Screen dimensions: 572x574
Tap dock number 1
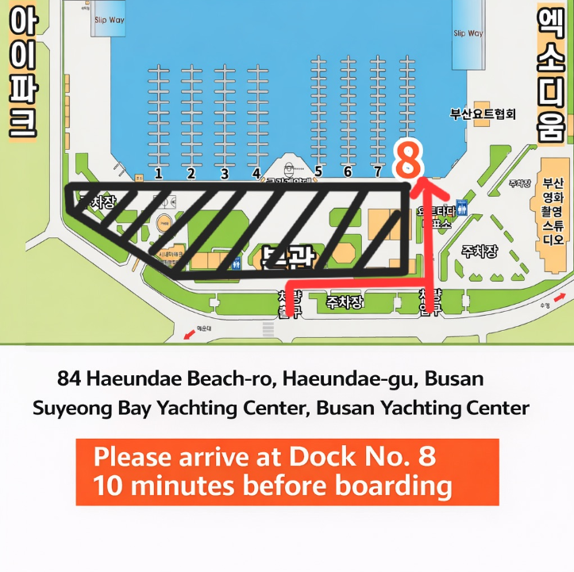click(159, 172)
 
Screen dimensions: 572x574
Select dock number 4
click(256, 172)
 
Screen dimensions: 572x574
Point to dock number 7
click(377, 171)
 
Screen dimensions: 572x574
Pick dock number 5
click(318, 171)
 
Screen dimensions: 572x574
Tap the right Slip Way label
click(468, 33)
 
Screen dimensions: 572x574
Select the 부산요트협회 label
click(483, 113)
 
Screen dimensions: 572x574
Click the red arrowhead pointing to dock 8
click(428, 187)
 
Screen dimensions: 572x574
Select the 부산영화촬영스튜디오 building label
click(555, 206)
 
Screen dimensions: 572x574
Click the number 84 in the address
click(69, 378)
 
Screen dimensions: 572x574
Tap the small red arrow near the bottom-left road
click(188, 335)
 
